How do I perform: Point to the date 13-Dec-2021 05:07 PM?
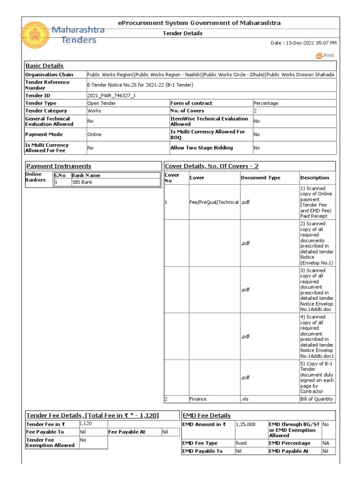click(x=303, y=43)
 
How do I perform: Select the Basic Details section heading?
click(x=45, y=66)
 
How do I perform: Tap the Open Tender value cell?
click(x=101, y=103)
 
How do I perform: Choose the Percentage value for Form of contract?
click(x=265, y=103)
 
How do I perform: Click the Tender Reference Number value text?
click(x=140, y=85)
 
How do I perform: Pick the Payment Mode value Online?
click(x=94, y=135)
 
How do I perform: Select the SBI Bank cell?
click(x=82, y=182)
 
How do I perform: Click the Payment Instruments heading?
click(x=59, y=166)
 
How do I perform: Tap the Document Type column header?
click(x=260, y=178)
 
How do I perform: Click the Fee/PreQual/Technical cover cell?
click(x=214, y=202)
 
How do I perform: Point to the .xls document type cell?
click(x=246, y=399)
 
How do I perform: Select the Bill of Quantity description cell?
click(x=317, y=399)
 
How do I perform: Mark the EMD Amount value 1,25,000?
click(x=246, y=424)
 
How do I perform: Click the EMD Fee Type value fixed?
click(x=241, y=443)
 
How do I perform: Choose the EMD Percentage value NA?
click(x=326, y=443)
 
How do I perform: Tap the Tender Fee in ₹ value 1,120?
click(x=86, y=424)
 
